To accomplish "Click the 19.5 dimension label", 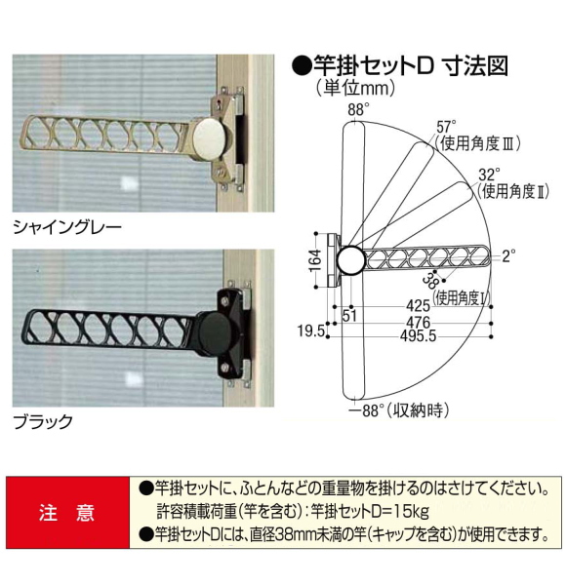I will tap(310, 331).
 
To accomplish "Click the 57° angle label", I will tap(446, 126).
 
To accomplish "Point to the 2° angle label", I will tap(508, 257).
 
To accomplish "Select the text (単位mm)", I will tap(352, 90).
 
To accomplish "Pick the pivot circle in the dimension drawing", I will tap(348, 259).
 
